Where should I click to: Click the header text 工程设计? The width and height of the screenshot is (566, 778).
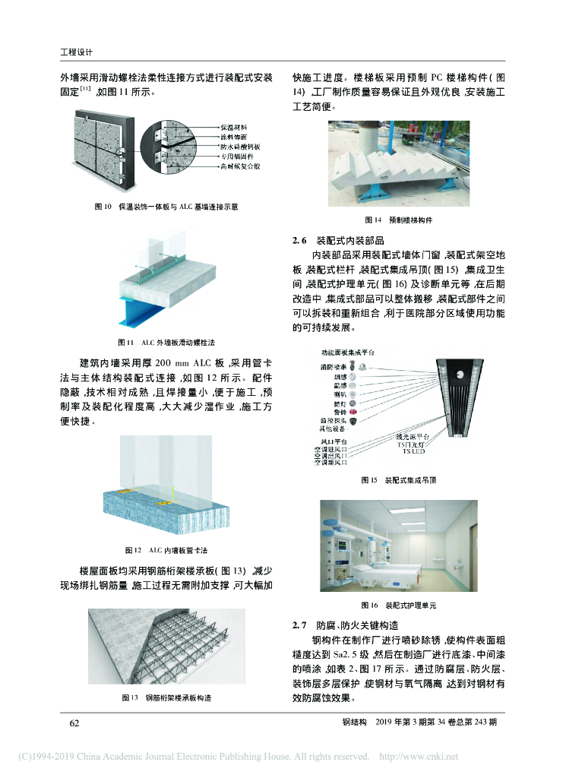point(76,52)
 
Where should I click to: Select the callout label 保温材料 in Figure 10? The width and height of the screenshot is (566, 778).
point(232,125)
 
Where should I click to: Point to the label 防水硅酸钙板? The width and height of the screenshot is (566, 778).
point(241,144)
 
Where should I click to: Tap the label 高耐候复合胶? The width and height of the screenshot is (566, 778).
point(240,165)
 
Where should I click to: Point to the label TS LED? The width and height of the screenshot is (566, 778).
point(413,452)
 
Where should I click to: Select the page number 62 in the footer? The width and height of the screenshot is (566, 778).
point(74,723)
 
